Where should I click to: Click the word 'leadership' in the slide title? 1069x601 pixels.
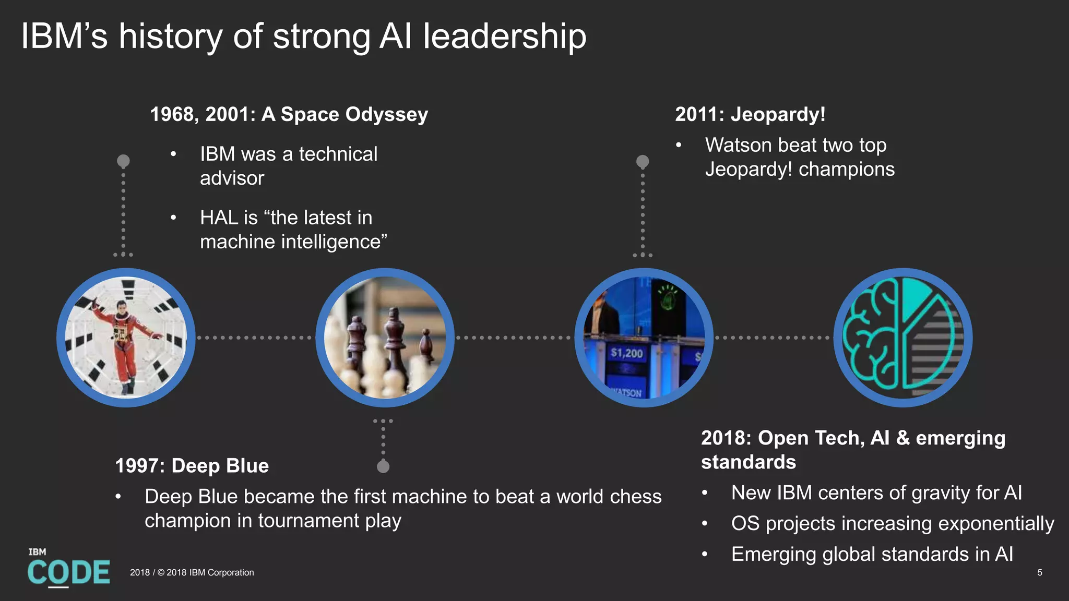[504, 37]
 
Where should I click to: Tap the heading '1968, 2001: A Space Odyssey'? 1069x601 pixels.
[289, 114]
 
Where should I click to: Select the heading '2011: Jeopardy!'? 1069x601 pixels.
[750, 114]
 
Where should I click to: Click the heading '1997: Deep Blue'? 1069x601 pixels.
[192, 465]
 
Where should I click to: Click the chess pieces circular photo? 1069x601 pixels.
[385, 338]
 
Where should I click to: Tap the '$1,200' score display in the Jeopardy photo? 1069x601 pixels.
[626, 353]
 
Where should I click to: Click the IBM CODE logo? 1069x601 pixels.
[68, 569]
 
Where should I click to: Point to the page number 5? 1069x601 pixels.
[1039, 572]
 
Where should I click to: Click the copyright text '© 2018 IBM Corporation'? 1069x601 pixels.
[206, 572]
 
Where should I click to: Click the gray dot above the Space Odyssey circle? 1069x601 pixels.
[123, 161]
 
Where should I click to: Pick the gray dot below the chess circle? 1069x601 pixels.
[383, 466]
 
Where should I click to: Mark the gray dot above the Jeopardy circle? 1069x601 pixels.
[643, 161]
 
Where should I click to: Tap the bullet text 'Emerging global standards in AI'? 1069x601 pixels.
[872, 554]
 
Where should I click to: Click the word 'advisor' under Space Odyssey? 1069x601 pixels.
[232, 178]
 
